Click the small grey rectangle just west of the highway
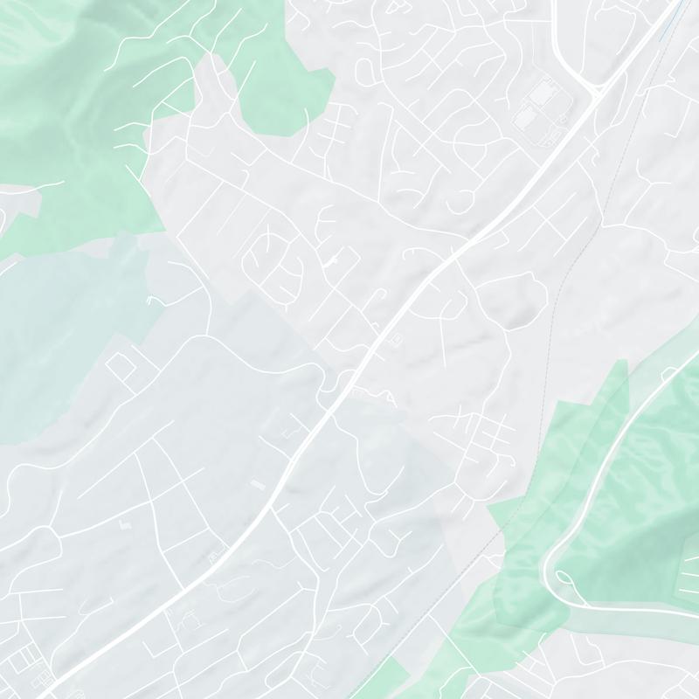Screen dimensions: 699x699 click(257, 483)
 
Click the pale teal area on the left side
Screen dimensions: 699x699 click(61, 332)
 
